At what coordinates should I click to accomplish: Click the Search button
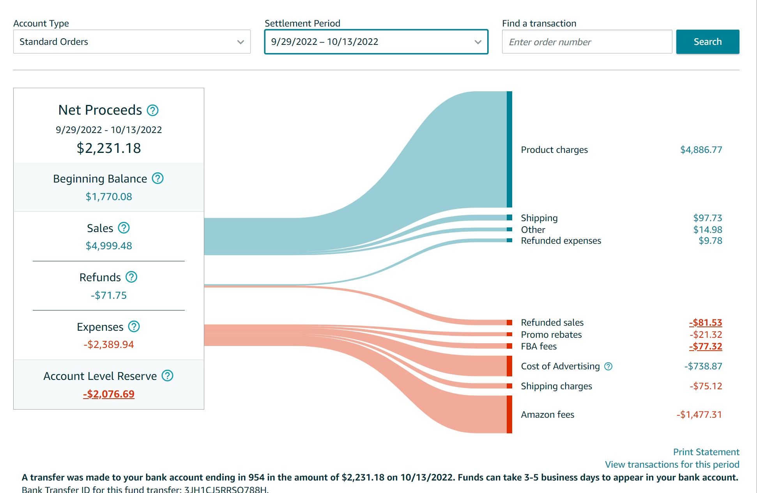pos(707,42)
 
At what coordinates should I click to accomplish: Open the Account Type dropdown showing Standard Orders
pos(132,42)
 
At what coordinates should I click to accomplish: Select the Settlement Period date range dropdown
pos(376,42)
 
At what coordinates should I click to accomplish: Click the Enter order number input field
pos(587,42)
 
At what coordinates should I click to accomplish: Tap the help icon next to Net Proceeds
pos(152,110)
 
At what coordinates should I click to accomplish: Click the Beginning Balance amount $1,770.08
pos(109,197)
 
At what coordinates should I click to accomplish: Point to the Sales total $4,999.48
pos(109,246)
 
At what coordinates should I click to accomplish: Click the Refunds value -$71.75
pos(109,295)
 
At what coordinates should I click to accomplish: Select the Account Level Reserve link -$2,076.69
pos(109,394)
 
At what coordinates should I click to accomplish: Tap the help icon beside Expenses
pos(134,326)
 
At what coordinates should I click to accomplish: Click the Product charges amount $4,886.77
pos(701,150)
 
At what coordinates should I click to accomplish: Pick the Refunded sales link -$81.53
pos(705,323)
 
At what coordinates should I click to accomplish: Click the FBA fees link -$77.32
pos(705,346)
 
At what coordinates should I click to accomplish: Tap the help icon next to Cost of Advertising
pos(608,366)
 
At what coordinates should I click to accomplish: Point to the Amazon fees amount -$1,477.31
pos(699,415)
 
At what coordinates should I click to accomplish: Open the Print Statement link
pos(706,452)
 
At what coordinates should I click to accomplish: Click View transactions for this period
pos(672,465)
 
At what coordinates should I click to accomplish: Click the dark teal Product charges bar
pos(509,149)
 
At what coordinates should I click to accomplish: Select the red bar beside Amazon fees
pos(509,414)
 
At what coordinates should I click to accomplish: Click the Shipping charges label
pos(556,386)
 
